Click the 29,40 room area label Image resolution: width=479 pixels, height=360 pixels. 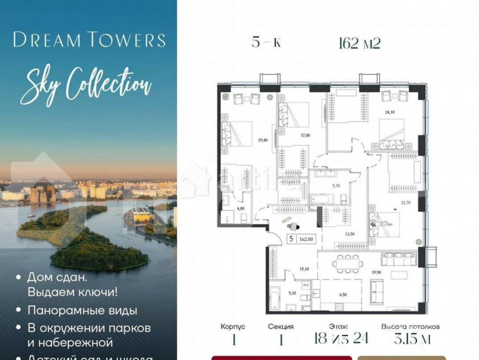(x=262, y=140)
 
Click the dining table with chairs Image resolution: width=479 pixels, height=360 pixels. (x=347, y=263)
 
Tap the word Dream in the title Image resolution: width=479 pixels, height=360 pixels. (x=46, y=40)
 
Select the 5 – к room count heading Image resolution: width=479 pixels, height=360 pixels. (x=266, y=43)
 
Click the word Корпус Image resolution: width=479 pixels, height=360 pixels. (x=233, y=326)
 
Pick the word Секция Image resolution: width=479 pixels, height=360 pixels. (x=280, y=326)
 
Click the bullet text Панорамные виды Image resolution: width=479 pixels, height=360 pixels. (x=82, y=310)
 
